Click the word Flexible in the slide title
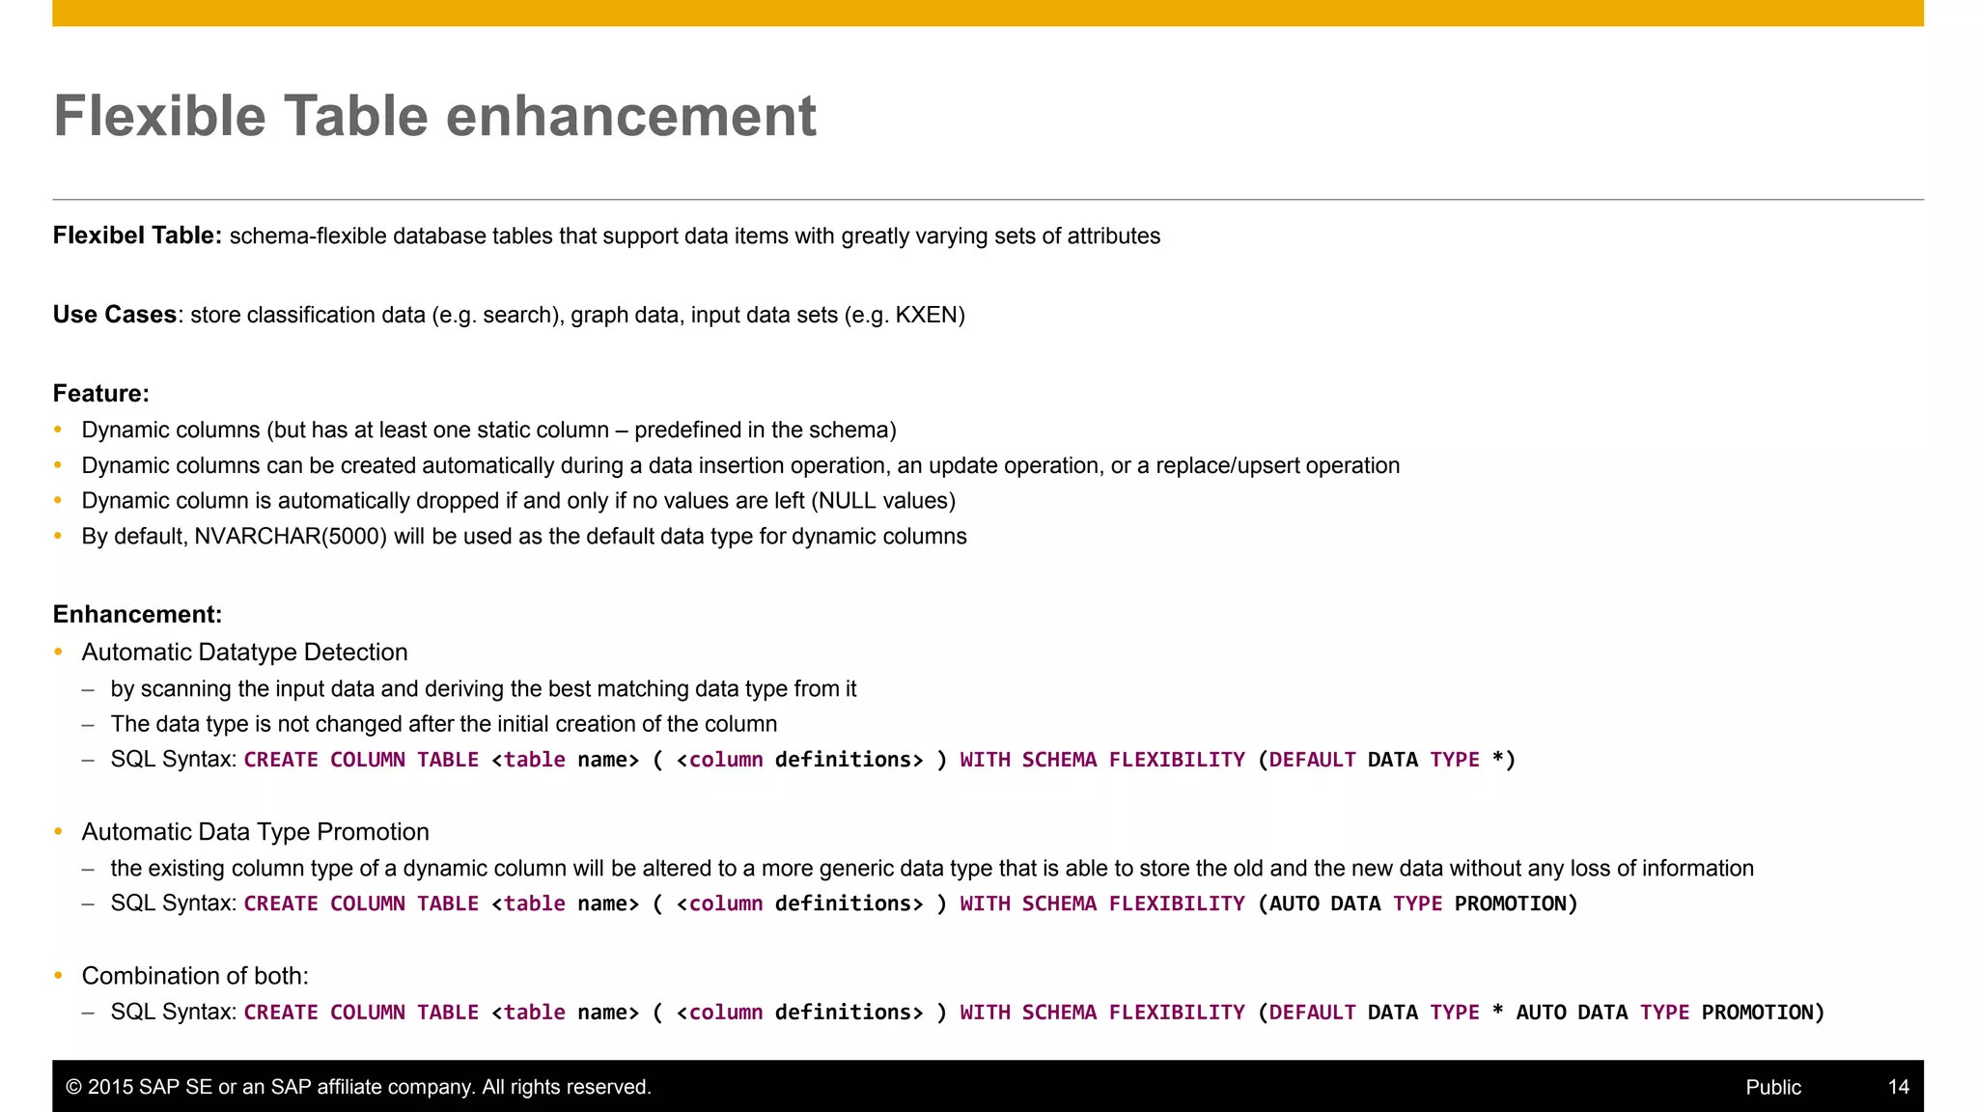(x=159, y=117)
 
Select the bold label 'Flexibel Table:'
(x=137, y=236)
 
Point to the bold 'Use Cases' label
(x=114, y=315)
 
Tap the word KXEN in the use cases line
(x=926, y=315)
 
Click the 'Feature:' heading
(x=100, y=394)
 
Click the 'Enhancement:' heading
(x=137, y=615)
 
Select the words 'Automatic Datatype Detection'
(x=244, y=653)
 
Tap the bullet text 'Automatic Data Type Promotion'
(x=255, y=832)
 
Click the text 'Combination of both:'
(x=195, y=976)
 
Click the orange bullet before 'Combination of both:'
(x=58, y=976)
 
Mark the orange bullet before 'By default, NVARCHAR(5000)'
(x=58, y=537)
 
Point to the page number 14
(x=1898, y=1087)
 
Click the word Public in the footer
(x=1773, y=1087)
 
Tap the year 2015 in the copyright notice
(x=110, y=1087)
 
